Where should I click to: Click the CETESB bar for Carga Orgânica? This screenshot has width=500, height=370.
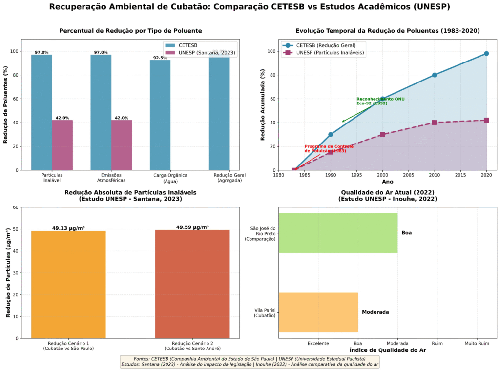click(x=160, y=115)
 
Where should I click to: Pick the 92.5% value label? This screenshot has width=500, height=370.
click(x=160, y=58)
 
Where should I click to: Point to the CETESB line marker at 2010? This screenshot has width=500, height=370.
click(x=435, y=75)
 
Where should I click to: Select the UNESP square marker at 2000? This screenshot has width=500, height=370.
click(x=382, y=134)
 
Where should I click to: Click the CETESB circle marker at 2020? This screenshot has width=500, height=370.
click(x=486, y=54)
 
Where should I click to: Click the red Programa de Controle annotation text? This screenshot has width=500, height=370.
click(x=325, y=148)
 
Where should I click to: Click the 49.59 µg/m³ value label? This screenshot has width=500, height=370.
click(x=192, y=227)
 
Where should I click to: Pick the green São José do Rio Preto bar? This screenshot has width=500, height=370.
click(x=338, y=233)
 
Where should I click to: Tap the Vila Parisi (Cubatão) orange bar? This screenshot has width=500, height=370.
click(x=318, y=312)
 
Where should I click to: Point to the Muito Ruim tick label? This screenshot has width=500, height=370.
click(x=477, y=344)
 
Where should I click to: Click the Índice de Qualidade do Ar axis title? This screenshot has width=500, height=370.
click(x=387, y=350)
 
